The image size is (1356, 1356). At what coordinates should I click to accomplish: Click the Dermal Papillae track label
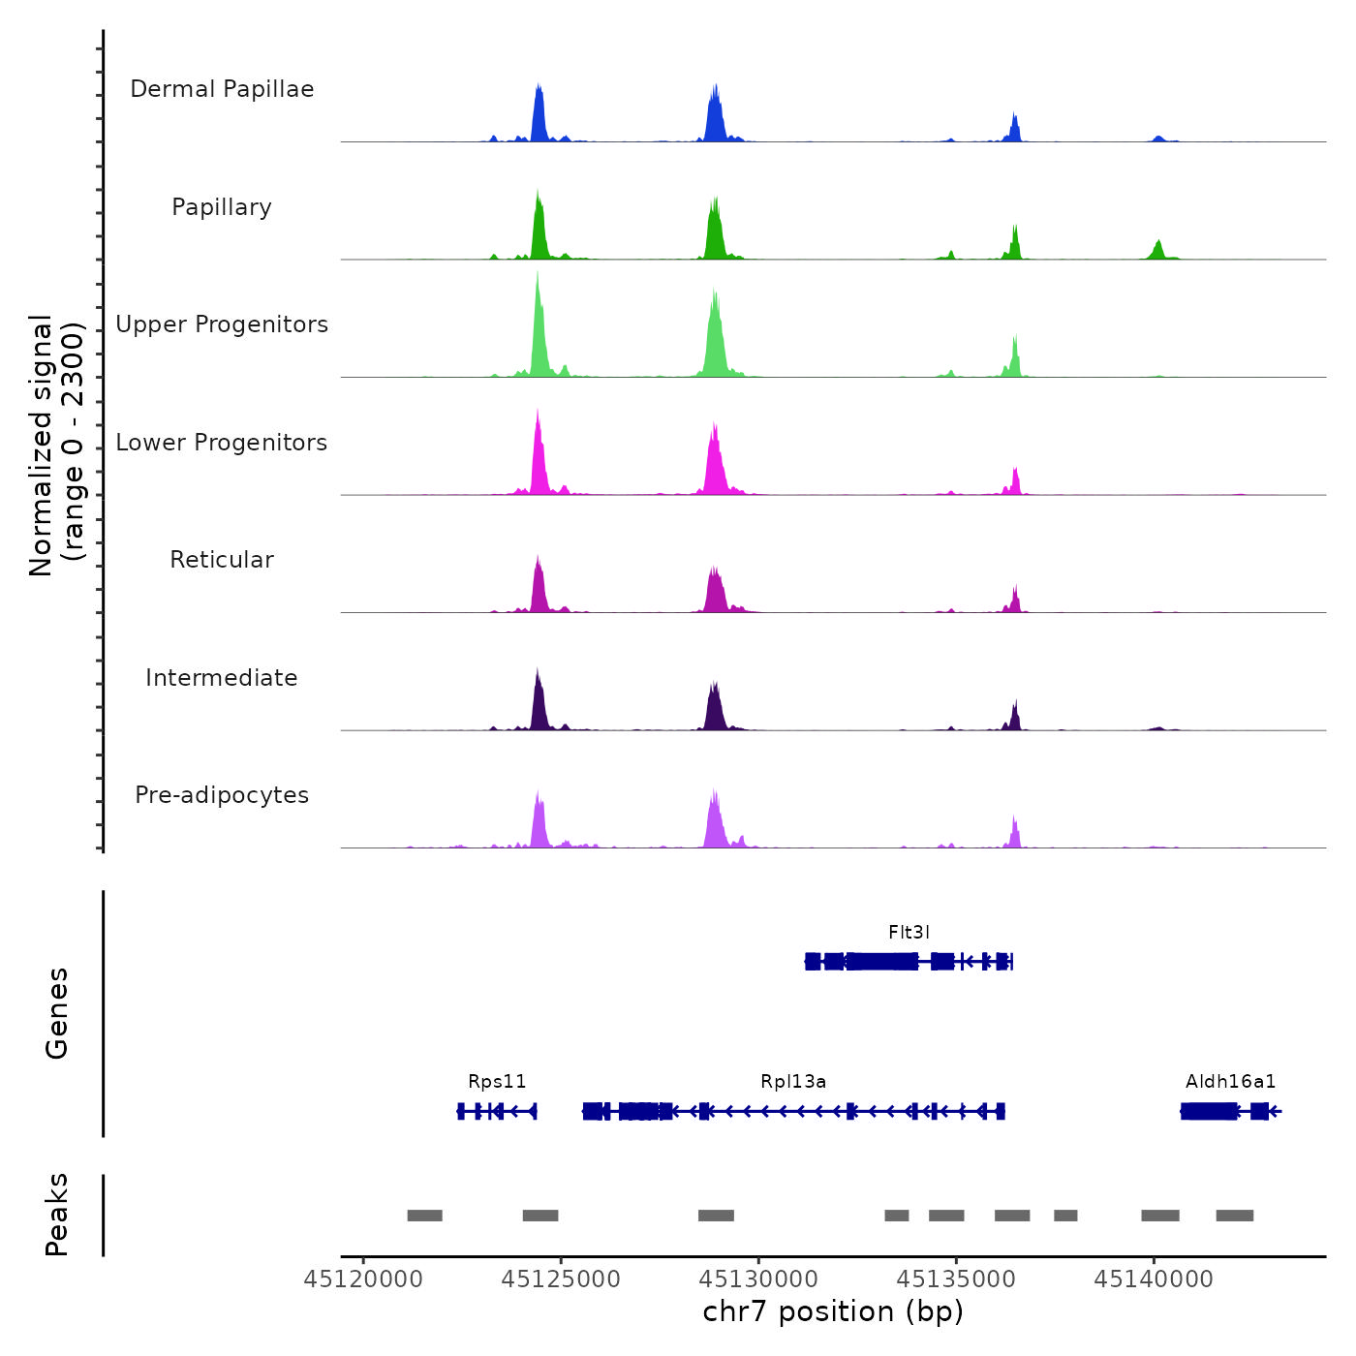[222, 89]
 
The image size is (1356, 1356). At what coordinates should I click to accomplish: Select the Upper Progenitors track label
[222, 324]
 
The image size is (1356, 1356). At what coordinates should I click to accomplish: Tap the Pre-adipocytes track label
[222, 795]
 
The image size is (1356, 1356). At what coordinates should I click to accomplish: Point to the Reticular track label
[222, 560]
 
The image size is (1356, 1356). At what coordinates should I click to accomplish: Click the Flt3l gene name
[909, 933]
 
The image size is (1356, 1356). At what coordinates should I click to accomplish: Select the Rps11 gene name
[497, 1082]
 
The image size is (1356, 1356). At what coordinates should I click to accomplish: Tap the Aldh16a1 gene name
[1230, 1082]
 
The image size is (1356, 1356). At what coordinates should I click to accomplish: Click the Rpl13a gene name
[793, 1082]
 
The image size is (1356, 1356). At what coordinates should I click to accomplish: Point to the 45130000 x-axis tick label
[758, 1279]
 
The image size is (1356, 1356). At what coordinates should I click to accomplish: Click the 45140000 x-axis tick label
[1154, 1279]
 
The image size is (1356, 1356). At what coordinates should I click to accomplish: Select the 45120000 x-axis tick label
[363, 1279]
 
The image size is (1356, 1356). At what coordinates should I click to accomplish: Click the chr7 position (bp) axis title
[833, 1311]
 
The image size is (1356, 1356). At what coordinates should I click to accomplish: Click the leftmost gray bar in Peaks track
[424, 1216]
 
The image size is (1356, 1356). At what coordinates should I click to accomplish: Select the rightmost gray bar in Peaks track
[1234, 1216]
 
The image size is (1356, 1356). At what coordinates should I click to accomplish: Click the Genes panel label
[57, 1013]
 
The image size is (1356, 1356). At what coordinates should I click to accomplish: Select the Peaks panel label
[57, 1215]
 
